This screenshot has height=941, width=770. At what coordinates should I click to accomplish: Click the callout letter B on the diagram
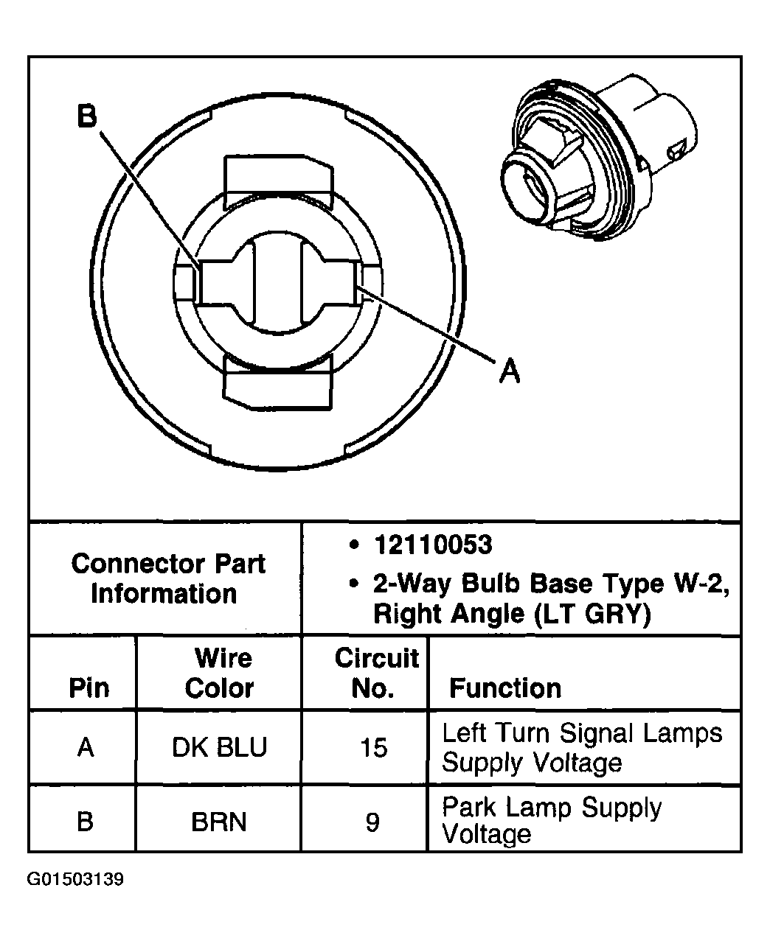coord(87,116)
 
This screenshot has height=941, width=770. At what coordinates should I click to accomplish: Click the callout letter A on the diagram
coord(509,370)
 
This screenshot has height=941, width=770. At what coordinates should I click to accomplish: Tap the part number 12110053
coord(432,545)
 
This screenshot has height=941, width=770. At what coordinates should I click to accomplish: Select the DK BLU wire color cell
coord(219,748)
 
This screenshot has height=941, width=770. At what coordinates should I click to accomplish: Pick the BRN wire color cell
coord(219,821)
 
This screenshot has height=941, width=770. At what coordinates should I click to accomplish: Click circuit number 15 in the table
coord(373,748)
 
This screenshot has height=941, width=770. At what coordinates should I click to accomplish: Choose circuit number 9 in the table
coord(372,821)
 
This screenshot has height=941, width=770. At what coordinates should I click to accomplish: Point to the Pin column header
coord(89,688)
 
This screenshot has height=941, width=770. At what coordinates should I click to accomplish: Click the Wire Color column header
coord(220,673)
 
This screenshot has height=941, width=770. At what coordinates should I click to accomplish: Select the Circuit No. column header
coord(375,673)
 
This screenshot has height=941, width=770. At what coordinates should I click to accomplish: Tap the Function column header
coord(505,688)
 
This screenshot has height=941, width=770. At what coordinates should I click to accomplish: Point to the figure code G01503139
coord(75,880)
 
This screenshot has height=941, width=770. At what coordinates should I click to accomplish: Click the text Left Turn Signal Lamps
coord(582,733)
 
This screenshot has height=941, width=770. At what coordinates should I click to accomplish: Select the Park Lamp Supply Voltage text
coord(550,821)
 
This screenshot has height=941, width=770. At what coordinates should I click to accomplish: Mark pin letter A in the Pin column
coord(86,748)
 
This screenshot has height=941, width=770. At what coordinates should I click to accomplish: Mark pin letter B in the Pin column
coord(86,821)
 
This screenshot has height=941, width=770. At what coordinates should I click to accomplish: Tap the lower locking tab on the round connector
coord(278,385)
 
